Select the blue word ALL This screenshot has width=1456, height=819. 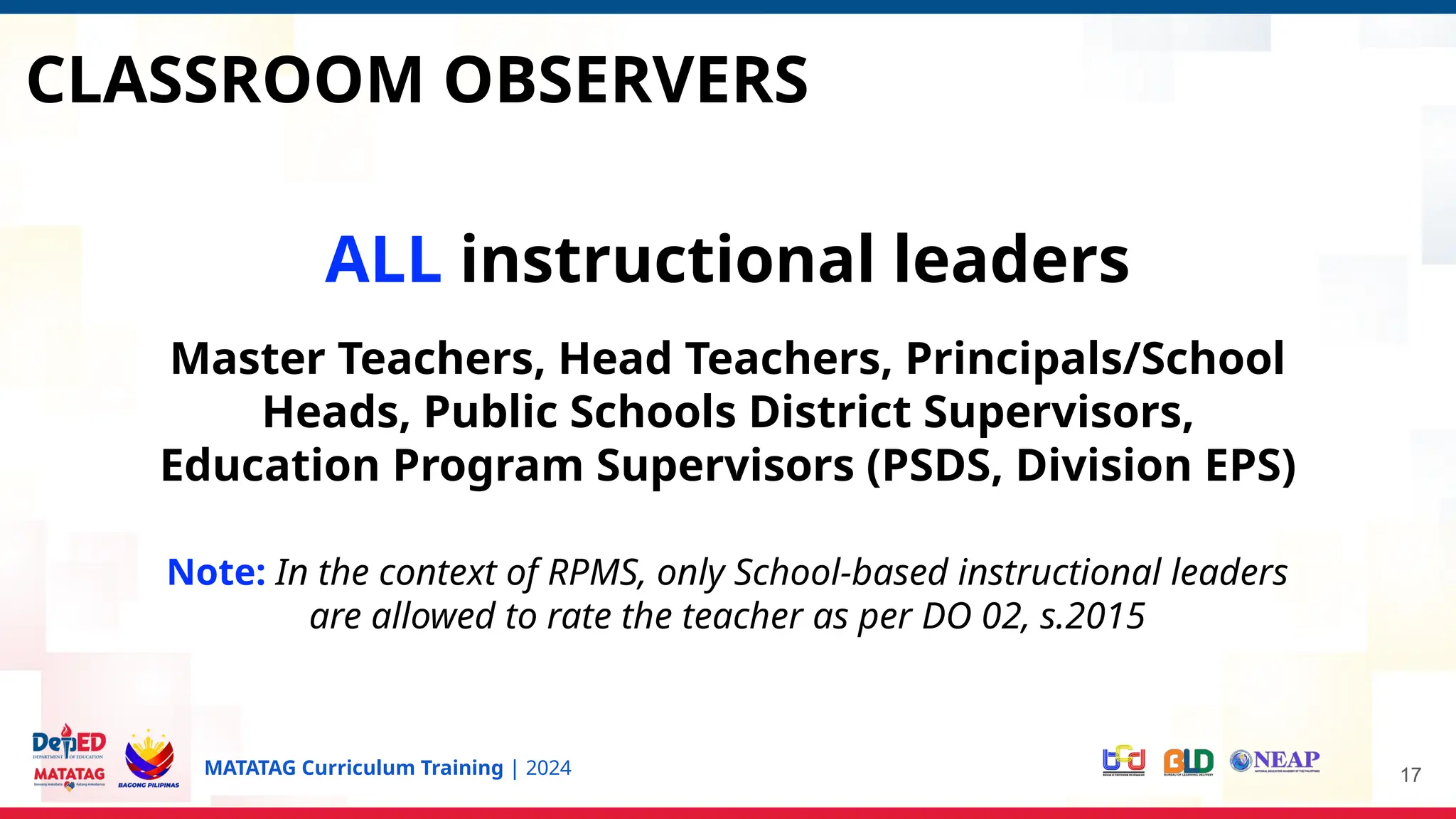pyautogui.click(x=382, y=259)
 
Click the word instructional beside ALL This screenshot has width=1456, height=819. pyautogui.click(x=667, y=259)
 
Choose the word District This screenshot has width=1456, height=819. pyautogui.click(x=830, y=412)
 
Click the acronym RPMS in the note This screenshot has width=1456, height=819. pyautogui.click(x=596, y=572)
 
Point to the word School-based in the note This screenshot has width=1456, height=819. pyautogui.click(x=841, y=572)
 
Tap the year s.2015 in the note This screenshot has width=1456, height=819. pyautogui.click(x=1092, y=616)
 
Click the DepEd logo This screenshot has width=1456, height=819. pyautogui.click(x=69, y=743)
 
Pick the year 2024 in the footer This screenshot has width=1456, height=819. pyautogui.click(x=548, y=769)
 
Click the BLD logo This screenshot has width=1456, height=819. pyautogui.click(x=1188, y=762)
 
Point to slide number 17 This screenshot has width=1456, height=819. pyautogui.click(x=1410, y=775)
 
